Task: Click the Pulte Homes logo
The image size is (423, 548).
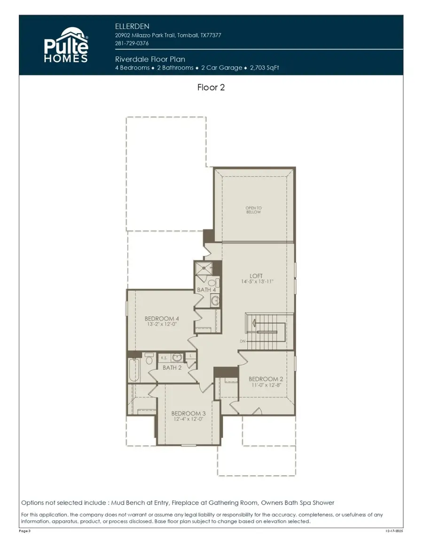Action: [66, 45]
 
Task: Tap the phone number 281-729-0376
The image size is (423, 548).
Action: [132, 43]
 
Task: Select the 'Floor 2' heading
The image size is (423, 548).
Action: [211, 87]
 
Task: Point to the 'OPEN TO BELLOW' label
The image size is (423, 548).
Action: [253, 210]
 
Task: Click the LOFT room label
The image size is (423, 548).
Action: [256, 276]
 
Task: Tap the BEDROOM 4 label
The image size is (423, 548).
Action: [162, 318]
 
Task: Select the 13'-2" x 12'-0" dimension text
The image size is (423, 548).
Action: [162, 324]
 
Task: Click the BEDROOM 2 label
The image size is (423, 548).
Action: [266, 379]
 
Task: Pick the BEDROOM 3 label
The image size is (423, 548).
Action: [188, 413]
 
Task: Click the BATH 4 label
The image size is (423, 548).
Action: [206, 290]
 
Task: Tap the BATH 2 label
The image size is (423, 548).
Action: [172, 368]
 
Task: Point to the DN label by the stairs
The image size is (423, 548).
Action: [242, 341]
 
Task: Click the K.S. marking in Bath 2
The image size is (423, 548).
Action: [164, 358]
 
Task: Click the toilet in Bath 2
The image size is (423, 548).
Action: [149, 360]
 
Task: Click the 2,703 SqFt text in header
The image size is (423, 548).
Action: [264, 68]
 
